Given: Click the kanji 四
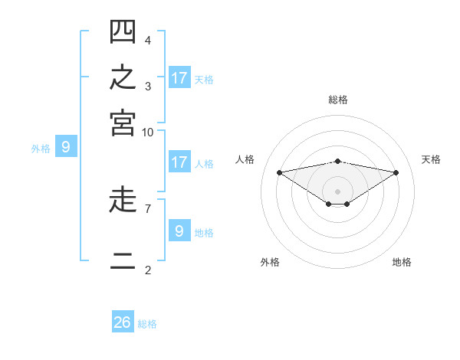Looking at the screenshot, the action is coord(123,31).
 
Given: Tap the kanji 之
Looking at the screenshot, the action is coord(123,77).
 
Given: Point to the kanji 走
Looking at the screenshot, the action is coord(123,199).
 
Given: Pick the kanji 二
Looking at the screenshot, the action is coord(123,261).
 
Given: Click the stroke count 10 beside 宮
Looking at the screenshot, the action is coord(147,133).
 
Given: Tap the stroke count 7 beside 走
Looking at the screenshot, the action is coord(148,209).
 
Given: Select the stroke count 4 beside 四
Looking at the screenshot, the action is coord(148,41).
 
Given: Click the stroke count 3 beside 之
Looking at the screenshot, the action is coord(148,87).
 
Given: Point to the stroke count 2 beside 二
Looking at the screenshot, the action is coord(148,270).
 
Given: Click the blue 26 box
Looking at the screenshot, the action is coord(123,321).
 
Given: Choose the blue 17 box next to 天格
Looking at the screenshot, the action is coord(180,77).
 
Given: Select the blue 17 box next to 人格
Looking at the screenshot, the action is coord(180,162).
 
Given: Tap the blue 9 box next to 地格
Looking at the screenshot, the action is coord(180,230).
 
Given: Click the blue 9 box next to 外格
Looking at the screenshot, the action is coord(66,146).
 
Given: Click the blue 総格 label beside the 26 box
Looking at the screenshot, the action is coord(147,324).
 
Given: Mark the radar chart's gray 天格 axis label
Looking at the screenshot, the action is coord(431,159).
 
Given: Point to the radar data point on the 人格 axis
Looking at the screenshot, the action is coord(280,172).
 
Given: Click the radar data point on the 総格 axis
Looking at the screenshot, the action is coord(337,162).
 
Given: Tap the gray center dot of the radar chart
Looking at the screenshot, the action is coord(337,191).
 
